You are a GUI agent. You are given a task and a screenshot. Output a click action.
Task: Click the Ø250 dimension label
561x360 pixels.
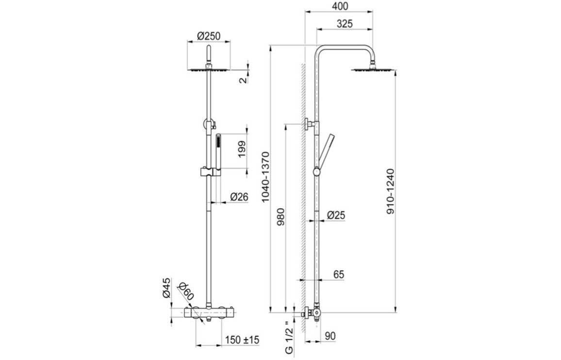(209, 35)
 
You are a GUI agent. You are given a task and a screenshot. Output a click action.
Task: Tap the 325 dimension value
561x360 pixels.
(344, 23)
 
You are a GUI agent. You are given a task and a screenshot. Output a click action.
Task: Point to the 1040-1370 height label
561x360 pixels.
(265, 177)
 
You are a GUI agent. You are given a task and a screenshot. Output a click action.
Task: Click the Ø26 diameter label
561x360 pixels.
(239, 196)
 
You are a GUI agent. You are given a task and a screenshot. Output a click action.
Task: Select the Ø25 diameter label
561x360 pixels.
(336, 214)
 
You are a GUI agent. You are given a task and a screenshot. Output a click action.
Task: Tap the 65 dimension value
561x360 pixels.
(338, 274)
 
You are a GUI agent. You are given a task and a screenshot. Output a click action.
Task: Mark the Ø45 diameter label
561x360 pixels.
(166, 287)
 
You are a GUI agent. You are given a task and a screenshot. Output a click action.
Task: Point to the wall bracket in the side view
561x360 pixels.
(309, 125)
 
